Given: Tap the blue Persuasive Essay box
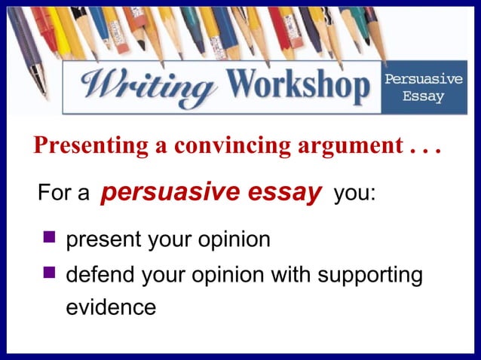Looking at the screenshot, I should coord(424,88).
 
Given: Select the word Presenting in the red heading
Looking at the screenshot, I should coord(91,145).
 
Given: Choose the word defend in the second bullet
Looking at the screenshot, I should coord(100,274).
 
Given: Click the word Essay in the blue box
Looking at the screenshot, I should coord(424,97).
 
